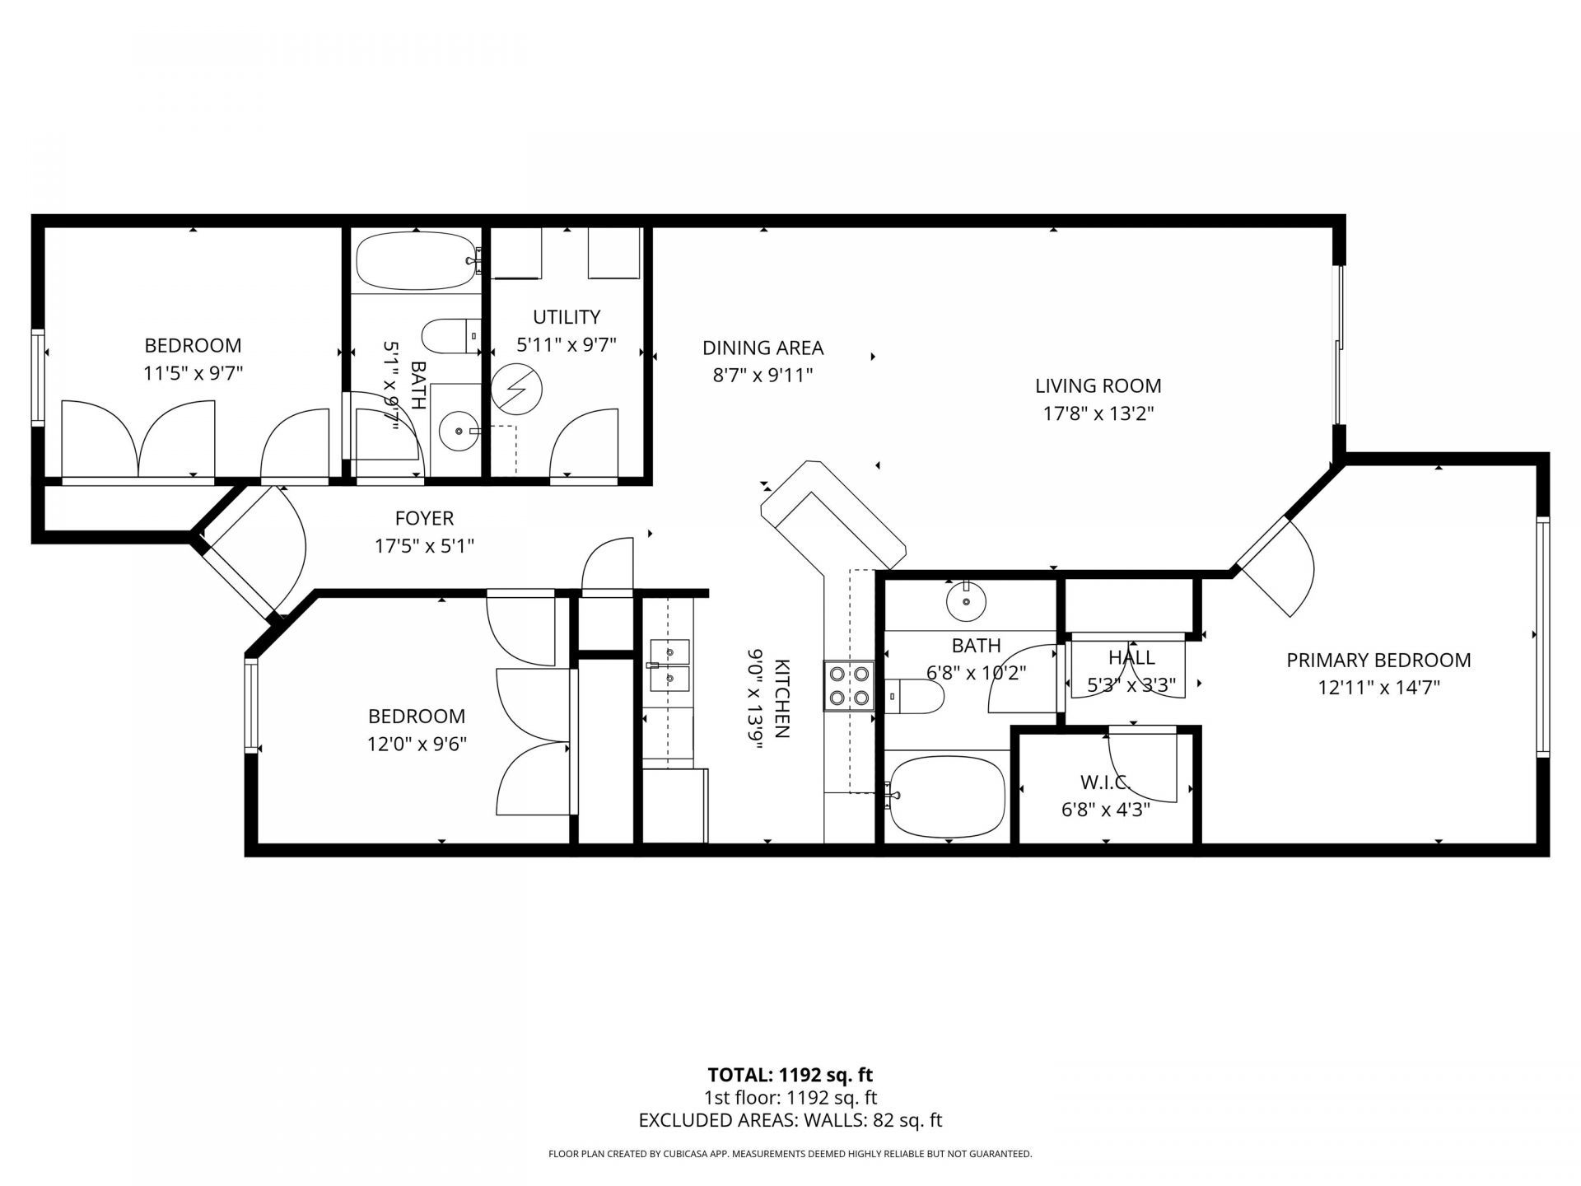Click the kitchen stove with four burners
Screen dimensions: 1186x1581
(849, 685)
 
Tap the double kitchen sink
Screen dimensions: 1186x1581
(669, 665)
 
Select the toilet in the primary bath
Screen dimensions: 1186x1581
(916, 697)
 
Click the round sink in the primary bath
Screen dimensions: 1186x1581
(966, 600)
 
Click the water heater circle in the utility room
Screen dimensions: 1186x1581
(516, 389)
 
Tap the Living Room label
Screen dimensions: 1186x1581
(1098, 385)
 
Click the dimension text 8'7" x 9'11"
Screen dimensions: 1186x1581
(763, 376)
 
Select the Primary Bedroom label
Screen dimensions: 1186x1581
(1378, 660)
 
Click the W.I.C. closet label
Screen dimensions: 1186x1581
(1105, 782)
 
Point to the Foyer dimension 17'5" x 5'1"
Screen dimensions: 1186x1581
(424, 545)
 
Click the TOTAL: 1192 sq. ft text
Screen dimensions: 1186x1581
(790, 1075)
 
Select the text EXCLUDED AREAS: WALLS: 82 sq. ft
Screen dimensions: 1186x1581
(790, 1120)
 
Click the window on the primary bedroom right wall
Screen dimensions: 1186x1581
(1542, 636)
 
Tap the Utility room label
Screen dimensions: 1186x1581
(566, 317)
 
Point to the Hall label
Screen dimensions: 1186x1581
(1131, 657)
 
